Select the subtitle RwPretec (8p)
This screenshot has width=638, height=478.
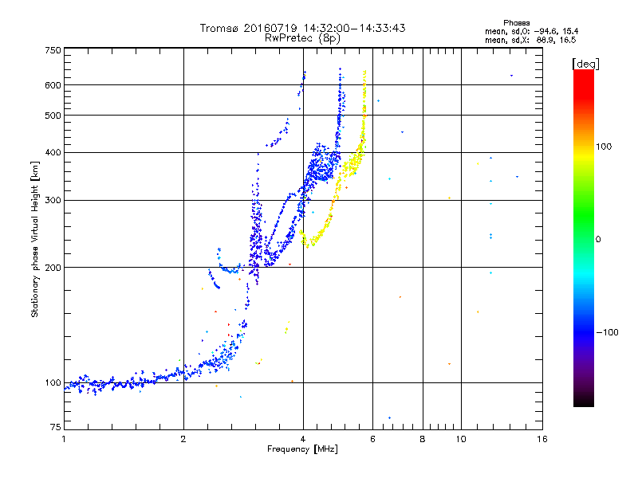pos(302,38)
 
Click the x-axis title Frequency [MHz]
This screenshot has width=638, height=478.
pos(302,449)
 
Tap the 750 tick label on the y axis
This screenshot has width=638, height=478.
pos(53,50)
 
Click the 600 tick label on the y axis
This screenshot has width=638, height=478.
pos(53,85)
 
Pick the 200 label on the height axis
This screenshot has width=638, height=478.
pos(53,268)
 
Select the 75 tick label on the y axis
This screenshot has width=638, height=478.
pos(56,427)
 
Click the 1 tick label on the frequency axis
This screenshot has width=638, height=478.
pos(64,439)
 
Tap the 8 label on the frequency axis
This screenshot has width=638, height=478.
pos(423,439)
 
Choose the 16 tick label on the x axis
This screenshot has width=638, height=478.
pos(542,439)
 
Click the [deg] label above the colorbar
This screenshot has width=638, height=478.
pos(585,65)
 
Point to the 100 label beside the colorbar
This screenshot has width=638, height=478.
pos(604,147)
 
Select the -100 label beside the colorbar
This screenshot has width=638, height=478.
pos(607,332)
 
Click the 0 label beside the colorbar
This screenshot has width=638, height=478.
pos(598,240)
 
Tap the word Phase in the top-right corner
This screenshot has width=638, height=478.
pos(516,23)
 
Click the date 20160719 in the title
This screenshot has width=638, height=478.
pos(270,28)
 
